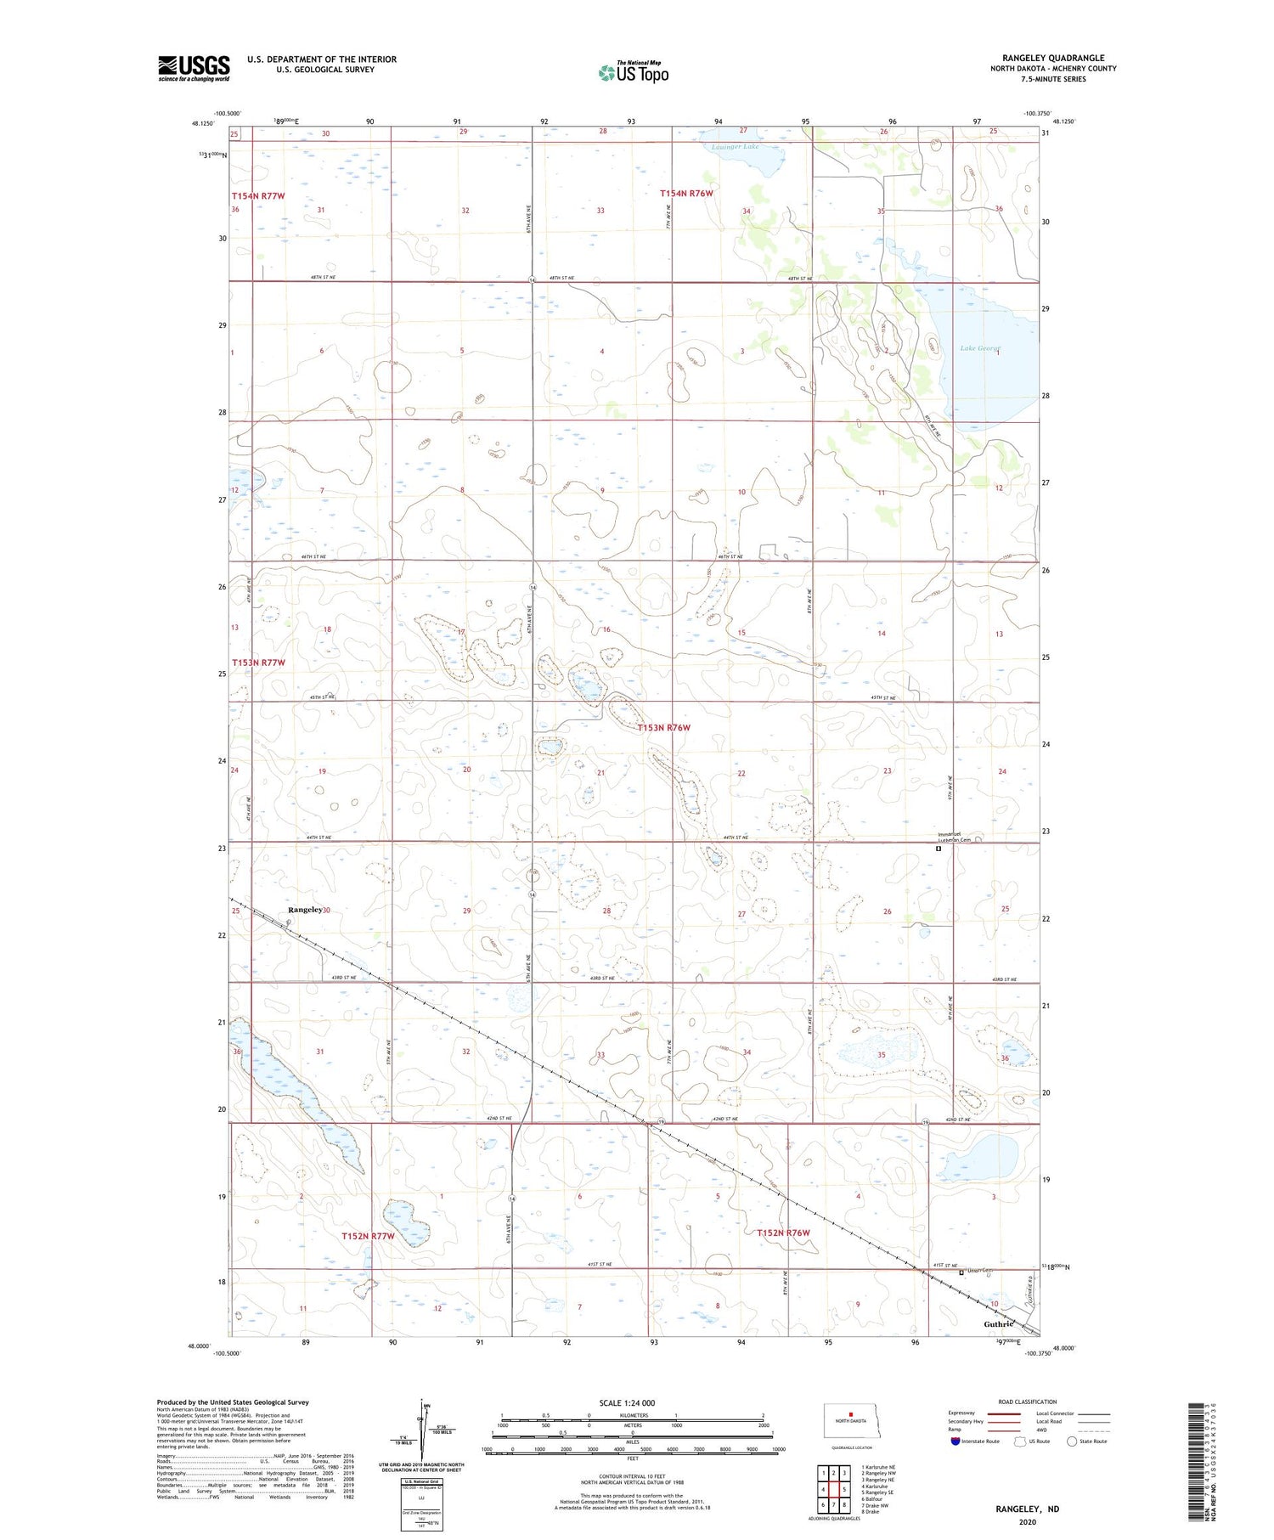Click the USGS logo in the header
[x=194, y=68]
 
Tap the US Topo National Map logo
[x=634, y=72]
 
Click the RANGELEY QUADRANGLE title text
[x=1053, y=58]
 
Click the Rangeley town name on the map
[x=305, y=909]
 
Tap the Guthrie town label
[x=999, y=1324]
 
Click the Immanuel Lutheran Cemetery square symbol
[x=939, y=848]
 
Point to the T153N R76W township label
[x=664, y=728]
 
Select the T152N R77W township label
[x=368, y=1236]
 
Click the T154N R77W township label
[x=258, y=195]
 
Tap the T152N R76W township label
[x=783, y=1233]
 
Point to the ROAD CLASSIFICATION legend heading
[x=1028, y=1402]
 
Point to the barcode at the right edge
[x=1192, y=1461]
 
